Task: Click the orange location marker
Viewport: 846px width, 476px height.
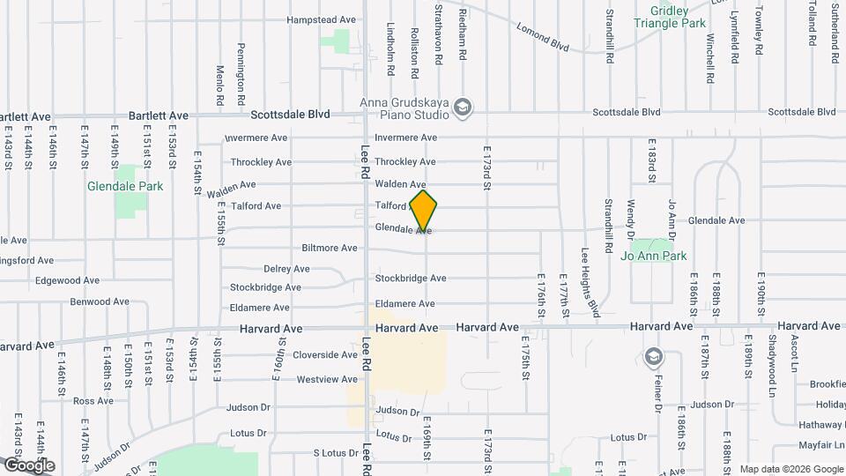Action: (x=424, y=211)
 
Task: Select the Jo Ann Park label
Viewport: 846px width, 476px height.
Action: (x=653, y=257)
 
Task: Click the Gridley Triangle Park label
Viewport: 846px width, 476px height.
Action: (x=691, y=17)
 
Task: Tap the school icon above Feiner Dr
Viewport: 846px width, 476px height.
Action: (x=653, y=357)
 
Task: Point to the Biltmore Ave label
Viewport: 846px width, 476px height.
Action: (x=330, y=248)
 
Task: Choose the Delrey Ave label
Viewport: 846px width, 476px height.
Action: (x=286, y=269)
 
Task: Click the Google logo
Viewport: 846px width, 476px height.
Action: (x=28, y=465)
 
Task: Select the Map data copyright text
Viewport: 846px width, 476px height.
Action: (x=791, y=469)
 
